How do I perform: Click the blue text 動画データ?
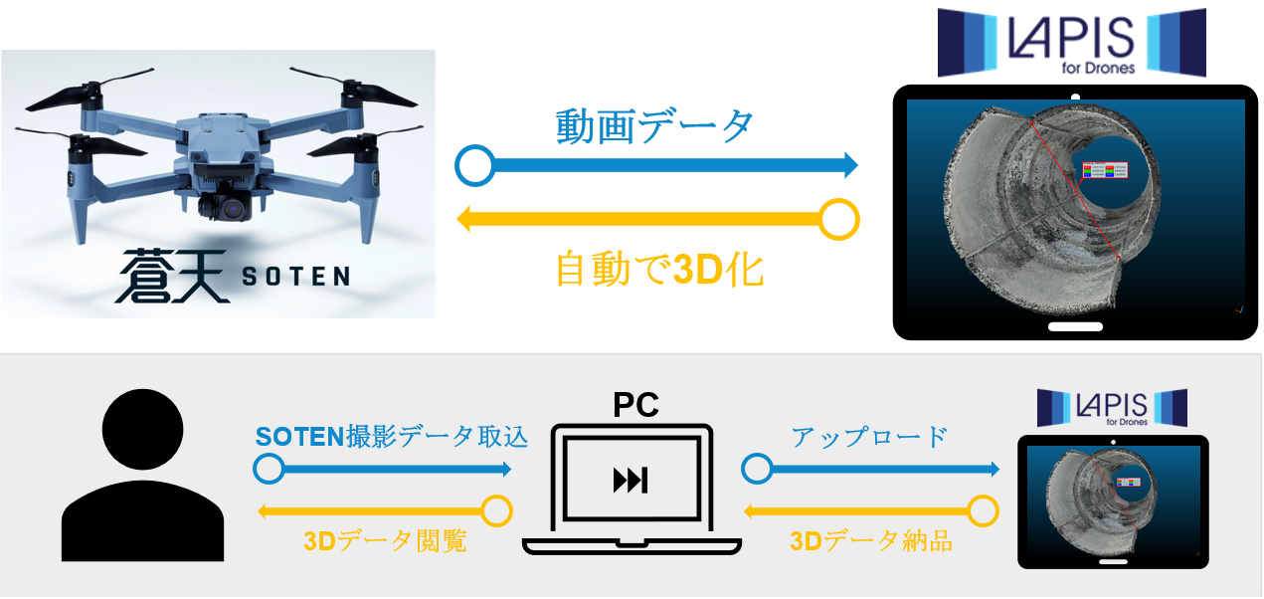(654, 126)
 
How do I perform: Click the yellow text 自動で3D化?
(658, 269)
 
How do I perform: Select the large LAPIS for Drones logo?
(1071, 42)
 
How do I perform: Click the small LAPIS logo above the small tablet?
(1112, 408)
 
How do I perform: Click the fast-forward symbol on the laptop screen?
(631, 481)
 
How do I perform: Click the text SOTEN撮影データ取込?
(391, 436)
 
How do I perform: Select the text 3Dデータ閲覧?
(385, 541)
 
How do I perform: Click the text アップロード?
(868, 436)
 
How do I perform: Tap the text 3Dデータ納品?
(871, 541)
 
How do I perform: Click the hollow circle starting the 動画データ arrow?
(474, 165)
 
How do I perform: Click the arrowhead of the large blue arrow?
(849, 165)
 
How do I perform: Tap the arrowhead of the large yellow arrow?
(463, 219)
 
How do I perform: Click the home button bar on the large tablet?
(1075, 326)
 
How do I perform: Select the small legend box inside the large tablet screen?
(1104, 170)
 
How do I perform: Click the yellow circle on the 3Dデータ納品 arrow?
(983, 511)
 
